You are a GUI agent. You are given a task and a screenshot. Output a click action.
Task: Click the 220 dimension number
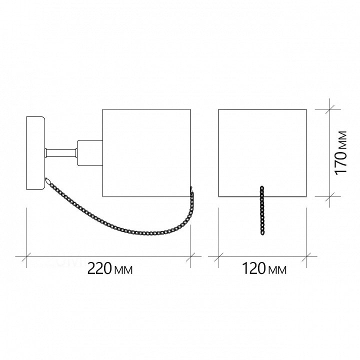pyautogui.click(x=99, y=268)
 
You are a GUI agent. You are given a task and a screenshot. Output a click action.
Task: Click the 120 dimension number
pyautogui.click(x=253, y=268)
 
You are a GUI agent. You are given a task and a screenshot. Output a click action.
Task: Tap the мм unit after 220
pyautogui.click(x=123, y=270)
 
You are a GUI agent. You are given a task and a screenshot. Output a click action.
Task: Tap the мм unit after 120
pyautogui.click(x=277, y=270)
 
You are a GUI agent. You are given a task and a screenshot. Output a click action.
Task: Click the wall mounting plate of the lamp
pyautogui.click(x=35, y=153)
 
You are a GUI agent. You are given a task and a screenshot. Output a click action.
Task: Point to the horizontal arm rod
pyautogui.click(x=61, y=153)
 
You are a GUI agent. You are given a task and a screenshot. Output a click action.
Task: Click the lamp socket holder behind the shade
pyautogui.click(x=90, y=153)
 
